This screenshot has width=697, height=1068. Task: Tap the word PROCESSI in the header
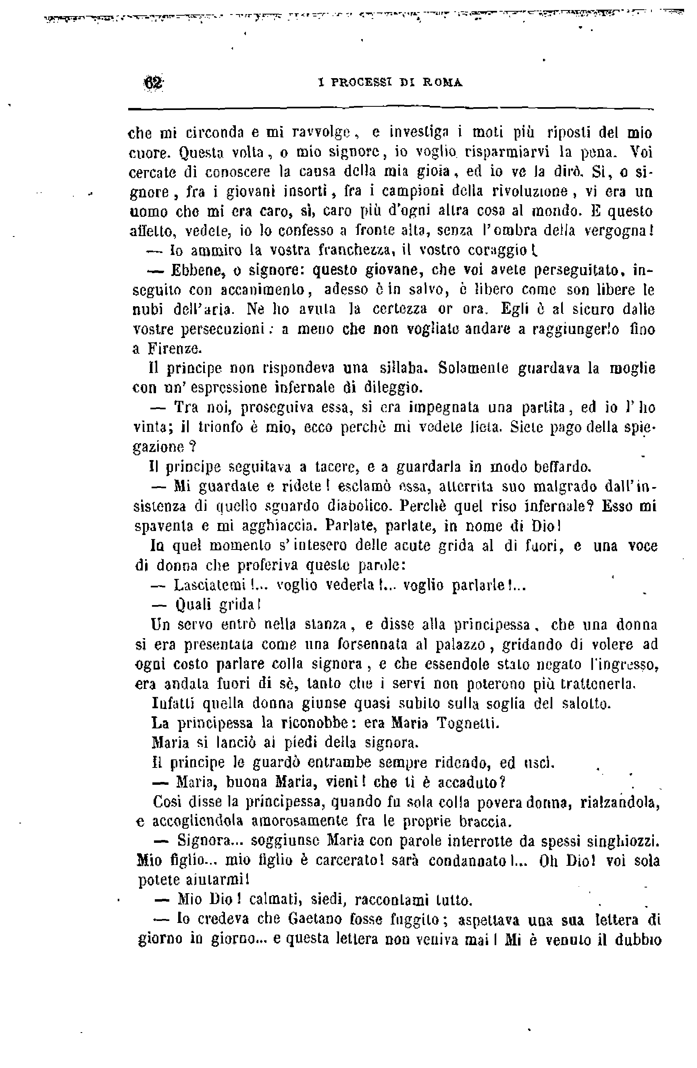point(362,83)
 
